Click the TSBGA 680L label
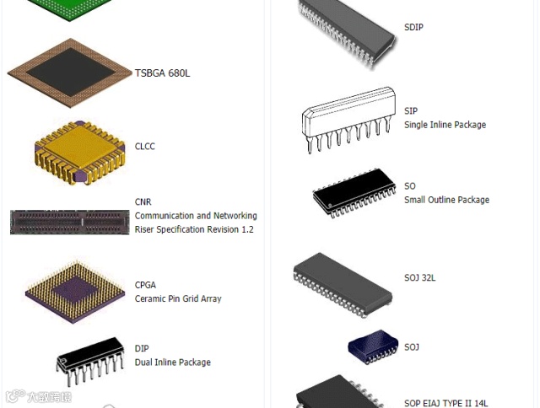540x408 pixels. [162, 73]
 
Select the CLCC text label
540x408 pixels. [145, 147]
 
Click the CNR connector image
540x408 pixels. [70, 222]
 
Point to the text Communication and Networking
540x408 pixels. [196, 216]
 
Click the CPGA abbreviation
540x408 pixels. [145, 285]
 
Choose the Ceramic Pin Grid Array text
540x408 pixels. [178, 298]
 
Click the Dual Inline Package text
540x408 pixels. [172, 362]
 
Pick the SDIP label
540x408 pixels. [413, 28]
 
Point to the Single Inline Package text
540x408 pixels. [445, 125]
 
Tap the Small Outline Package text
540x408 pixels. [446, 200]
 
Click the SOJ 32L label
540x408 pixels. [419, 277]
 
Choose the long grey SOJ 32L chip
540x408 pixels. [343, 281]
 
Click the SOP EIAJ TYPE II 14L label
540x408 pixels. [445, 404]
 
